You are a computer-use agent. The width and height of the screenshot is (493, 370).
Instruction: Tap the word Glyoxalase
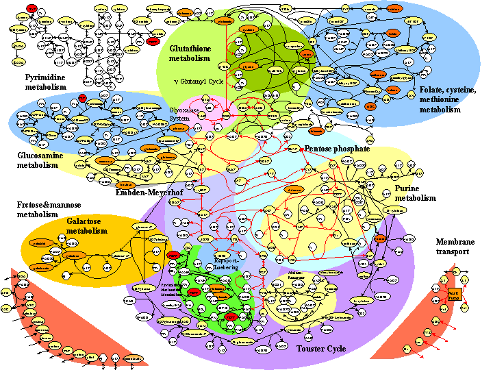tap(185, 110)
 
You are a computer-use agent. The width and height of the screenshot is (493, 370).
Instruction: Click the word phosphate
tap(353, 148)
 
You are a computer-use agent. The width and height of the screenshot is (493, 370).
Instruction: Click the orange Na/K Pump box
tap(453, 295)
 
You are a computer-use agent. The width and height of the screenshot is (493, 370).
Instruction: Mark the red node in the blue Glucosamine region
tap(81, 98)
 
